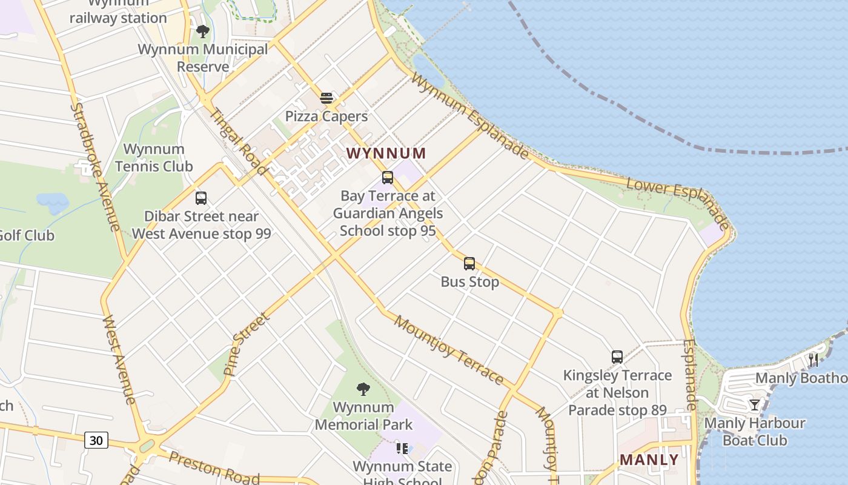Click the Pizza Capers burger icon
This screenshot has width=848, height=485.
coord(326,98)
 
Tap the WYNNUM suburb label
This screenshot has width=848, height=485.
coord(386,153)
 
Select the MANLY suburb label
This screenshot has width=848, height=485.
coord(649,460)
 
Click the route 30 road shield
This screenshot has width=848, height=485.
coord(96,441)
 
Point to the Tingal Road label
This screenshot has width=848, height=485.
coord(238,141)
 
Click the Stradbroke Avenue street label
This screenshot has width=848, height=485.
coord(95,167)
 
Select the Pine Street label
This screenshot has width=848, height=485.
coord(246,344)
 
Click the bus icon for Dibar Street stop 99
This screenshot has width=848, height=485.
coord(201,198)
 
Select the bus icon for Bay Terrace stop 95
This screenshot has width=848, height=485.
coord(388,178)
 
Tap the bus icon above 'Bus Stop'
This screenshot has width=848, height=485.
coord(469,264)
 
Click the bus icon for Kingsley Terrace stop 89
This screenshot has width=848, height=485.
coord(617,357)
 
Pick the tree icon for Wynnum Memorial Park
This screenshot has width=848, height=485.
coord(363,389)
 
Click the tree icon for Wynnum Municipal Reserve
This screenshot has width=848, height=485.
coord(203,31)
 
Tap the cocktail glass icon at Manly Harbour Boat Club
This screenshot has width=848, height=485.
coord(754,404)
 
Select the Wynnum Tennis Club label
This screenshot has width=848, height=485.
coord(154,158)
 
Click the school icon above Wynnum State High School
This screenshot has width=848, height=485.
coord(402,448)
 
